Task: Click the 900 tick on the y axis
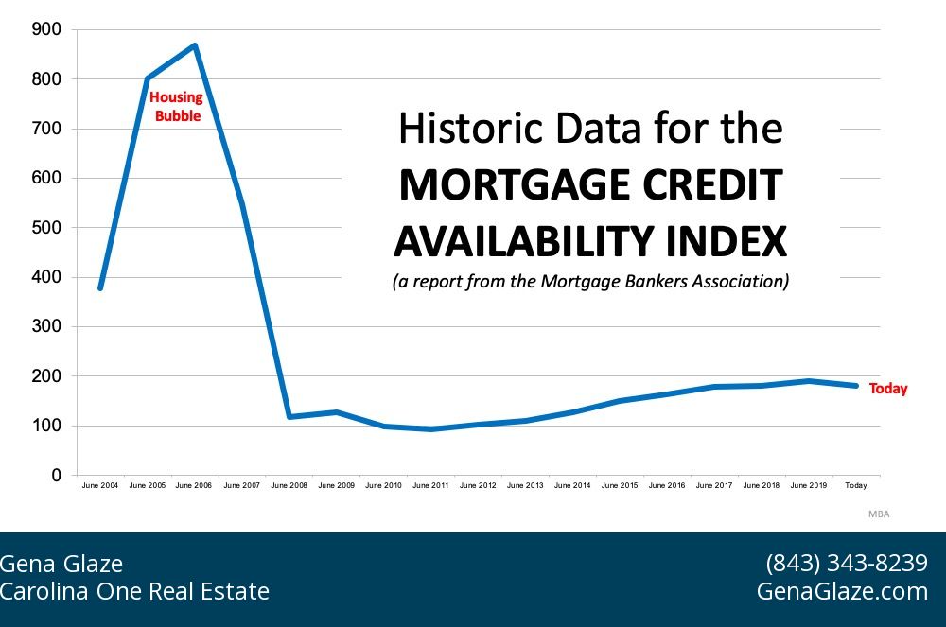[x=46, y=29]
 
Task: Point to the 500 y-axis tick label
[x=46, y=227]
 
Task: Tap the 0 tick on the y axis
[x=56, y=475]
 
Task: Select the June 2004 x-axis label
[x=100, y=485]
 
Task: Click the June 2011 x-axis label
[x=430, y=485]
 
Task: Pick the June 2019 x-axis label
[x=809, y=485]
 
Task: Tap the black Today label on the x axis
[x=855, y=485]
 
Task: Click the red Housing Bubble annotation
[x=176, y=107]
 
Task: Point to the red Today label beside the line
[x=887, y=389]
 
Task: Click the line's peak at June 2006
[x=195, y=45]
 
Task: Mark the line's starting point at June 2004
[x=100, y=288]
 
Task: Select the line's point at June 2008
[x=289, y=416]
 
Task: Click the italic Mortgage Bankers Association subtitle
[x=590, y=282]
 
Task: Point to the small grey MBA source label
[x=879, y=514]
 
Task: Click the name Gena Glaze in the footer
[x=61, y=564]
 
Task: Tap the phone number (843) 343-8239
[x=846, y=564]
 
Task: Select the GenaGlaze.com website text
[x=842, y=591]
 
